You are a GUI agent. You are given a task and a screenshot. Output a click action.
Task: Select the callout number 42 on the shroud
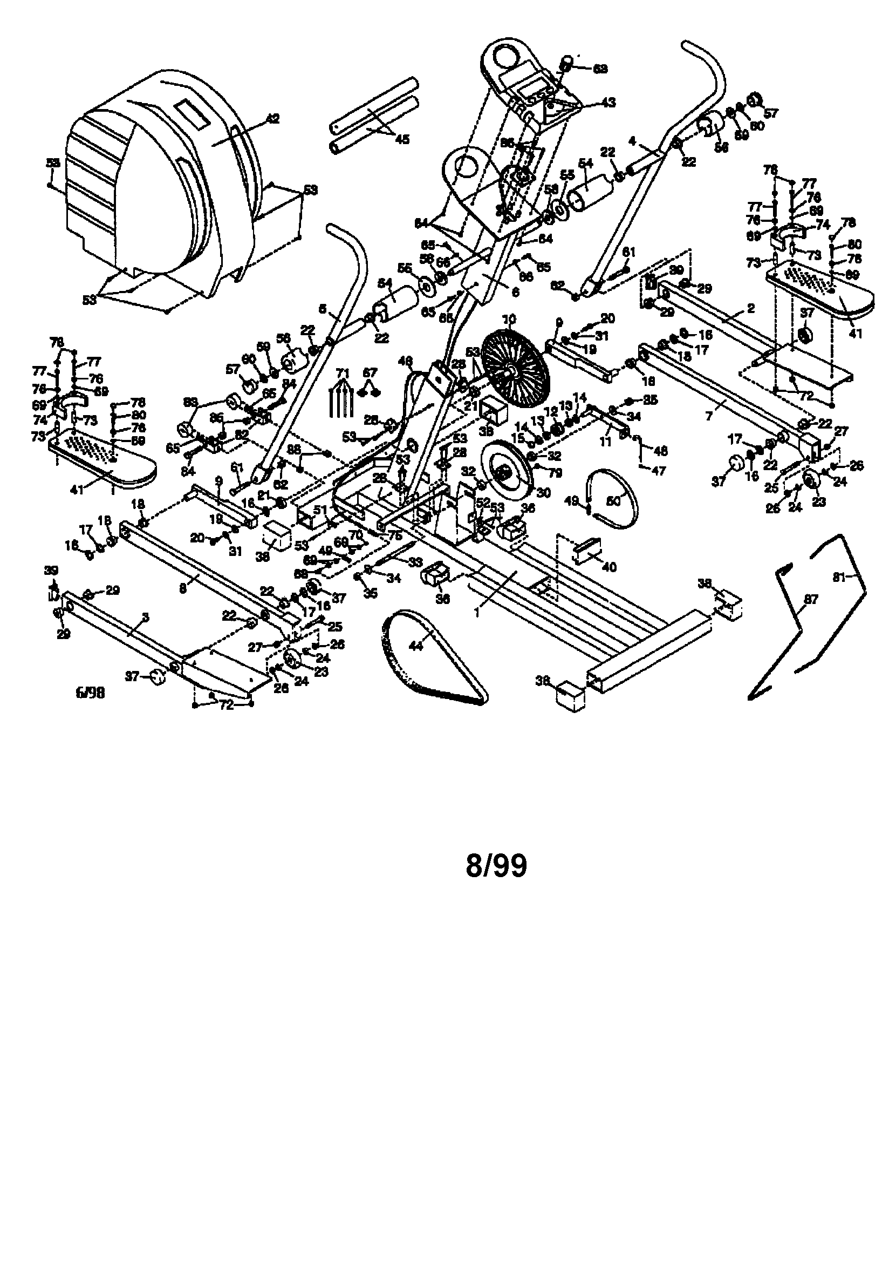click(x=272, y=118)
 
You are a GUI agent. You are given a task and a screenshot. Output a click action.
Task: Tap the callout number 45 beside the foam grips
click(x=402, y=139)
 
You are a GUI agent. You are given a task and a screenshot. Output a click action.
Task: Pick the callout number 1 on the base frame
click(x=477, y=610)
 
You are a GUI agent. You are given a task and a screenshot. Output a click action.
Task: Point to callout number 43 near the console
click(x=608, y=102)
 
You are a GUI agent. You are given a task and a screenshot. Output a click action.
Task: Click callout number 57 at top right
click(x=771, y=113)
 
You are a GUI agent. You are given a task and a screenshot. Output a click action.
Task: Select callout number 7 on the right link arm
click(x=709, y=417)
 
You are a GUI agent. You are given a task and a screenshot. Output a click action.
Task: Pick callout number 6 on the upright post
click(x=515, y=293)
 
